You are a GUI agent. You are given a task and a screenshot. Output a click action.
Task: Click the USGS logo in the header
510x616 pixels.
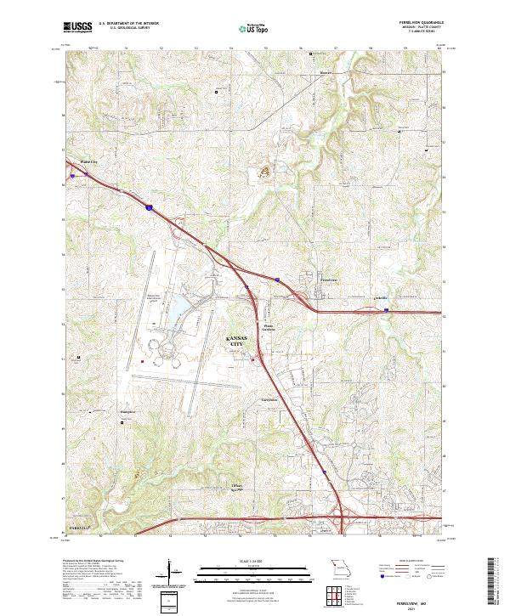[x=79, y=28]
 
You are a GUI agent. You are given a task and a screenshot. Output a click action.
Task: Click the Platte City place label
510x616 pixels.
[x=89, y=160]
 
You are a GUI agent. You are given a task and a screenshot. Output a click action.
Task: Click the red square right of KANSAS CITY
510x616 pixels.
[x=253, y=360]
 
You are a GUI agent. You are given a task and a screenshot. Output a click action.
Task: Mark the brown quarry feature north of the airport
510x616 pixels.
[x=263, y=172]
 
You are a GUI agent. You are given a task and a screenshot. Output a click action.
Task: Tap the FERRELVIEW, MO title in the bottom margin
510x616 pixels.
[x=418, y=599]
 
